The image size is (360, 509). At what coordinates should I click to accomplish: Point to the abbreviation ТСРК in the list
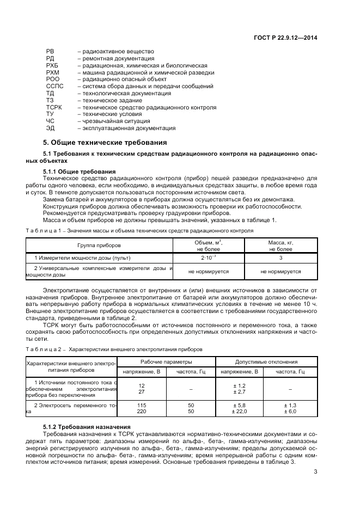(x=54, y=108)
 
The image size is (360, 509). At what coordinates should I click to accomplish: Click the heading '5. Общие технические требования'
(x=101, y=143)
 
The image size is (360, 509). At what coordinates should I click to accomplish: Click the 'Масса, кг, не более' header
(x=280, y=246)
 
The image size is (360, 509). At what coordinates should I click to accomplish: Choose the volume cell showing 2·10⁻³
(x=208, y=257)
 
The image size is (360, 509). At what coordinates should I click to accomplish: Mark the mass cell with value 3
(x=280, y=257)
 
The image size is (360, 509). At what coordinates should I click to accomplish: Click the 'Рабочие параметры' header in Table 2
(x=166, y=361)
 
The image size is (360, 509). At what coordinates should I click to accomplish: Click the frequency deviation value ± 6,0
(x=290, y=412)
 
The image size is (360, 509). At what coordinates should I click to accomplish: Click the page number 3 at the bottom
(x=315, y=473)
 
